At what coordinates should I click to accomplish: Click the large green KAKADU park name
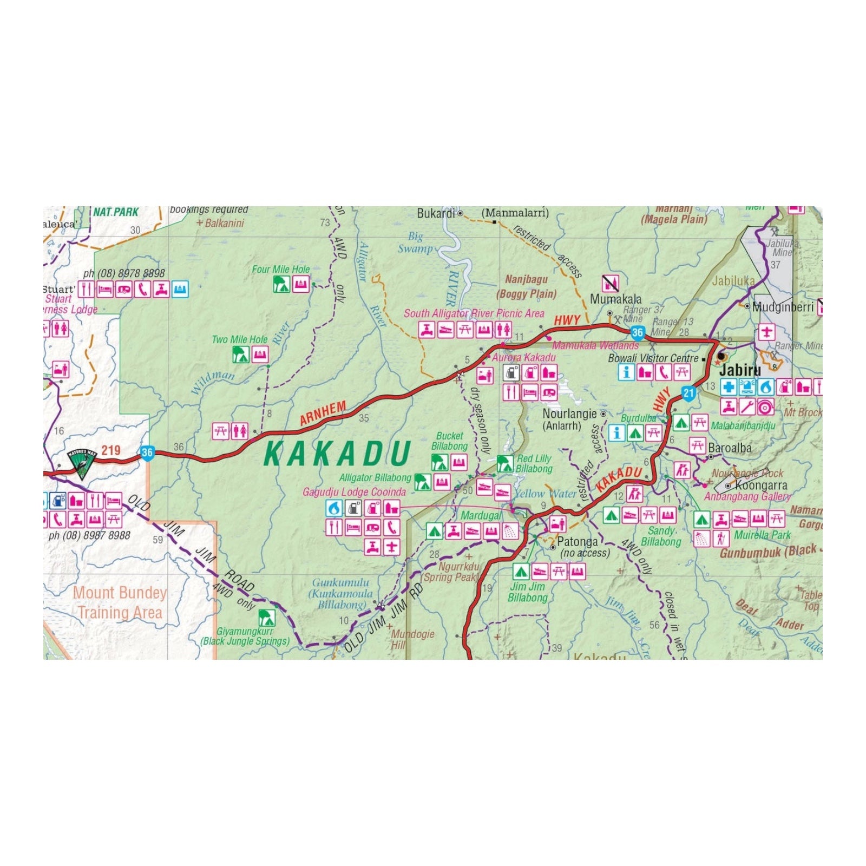(337, 454)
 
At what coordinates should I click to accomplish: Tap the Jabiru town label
(739, 370)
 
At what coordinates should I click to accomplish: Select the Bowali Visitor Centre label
(653, 358)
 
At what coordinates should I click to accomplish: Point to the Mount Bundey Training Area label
(120, 602)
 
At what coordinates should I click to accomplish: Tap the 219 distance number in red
(111, 450)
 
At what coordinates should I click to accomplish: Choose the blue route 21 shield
(688, 393)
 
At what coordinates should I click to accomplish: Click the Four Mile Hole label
(281, 269)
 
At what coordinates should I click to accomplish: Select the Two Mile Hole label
(240, 339)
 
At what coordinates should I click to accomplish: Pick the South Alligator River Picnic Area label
(474, 313)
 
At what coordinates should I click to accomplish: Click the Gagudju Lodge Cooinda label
(354, 492)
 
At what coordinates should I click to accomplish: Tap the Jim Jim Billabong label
(528, 592)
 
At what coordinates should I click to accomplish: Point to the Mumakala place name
(615, 299)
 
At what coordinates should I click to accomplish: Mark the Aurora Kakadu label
(523, 357)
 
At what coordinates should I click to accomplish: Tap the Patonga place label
(578, 542)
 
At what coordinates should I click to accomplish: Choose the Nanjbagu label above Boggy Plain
(526, 279)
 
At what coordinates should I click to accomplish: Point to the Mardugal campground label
(480, 516)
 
